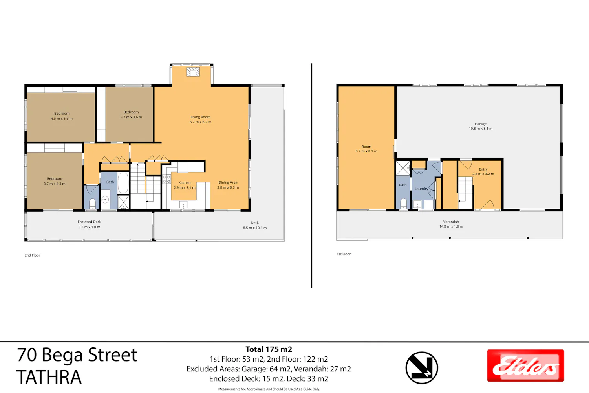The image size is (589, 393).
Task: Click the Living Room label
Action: click(200, 117)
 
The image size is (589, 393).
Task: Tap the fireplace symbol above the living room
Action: click(193, 72)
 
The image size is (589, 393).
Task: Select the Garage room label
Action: click(481, 124)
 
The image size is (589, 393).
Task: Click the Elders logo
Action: click(525, 365)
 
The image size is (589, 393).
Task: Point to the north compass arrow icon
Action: click(421, 368)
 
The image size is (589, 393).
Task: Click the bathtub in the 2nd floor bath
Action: click(123, 183)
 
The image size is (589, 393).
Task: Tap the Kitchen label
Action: click(185, 182)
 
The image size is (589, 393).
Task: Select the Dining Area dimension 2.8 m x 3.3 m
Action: click(228, 187)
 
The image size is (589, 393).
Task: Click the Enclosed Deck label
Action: click(90, 222)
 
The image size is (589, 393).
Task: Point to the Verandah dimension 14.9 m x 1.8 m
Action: click(451, 226)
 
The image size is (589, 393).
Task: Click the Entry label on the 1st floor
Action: click(483, 169)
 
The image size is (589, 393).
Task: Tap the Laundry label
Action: click(421, 189)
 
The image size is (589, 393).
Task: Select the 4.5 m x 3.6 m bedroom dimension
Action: click(62, 118)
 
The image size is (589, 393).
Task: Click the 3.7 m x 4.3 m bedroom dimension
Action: click(55, 184)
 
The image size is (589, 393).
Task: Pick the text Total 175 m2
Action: click(269, 349)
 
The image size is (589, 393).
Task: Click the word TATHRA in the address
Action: click(49, 377)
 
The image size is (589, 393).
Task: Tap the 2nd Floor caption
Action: click(32, 255)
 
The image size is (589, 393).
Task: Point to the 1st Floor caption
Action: click(344, 254)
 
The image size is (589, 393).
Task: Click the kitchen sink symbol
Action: click(183, 204)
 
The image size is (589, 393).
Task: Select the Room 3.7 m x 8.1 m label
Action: click(366, 149)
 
